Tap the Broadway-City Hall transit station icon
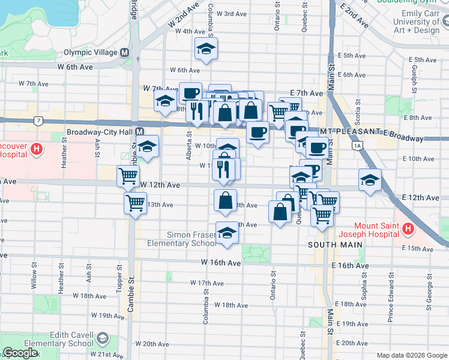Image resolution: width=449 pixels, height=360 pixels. pyautogui.click(x=139, y=131)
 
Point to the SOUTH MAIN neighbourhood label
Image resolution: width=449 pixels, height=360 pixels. pyautogui.click(x=335, y=245)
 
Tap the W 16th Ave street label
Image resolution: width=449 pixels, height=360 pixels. pyautogui.click(x=221, y=263)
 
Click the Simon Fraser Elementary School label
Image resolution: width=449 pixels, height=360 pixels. pyautogui.click(x=182, y=238)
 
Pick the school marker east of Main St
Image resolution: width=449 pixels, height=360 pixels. pyautogui.click(x=370, y=179)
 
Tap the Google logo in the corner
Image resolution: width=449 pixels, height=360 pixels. pyautogui.click(x=20, y=353)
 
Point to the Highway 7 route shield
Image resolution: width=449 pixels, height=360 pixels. pyautogui.click(x=38, y=121)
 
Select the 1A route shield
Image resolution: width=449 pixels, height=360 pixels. pyautogui.click(x=358, y=145)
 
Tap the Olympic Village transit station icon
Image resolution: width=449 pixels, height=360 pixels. pyautogui.click(x=125, y=52)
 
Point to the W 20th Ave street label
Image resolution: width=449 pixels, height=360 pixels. pyautogui.click(x=152, y=344)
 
